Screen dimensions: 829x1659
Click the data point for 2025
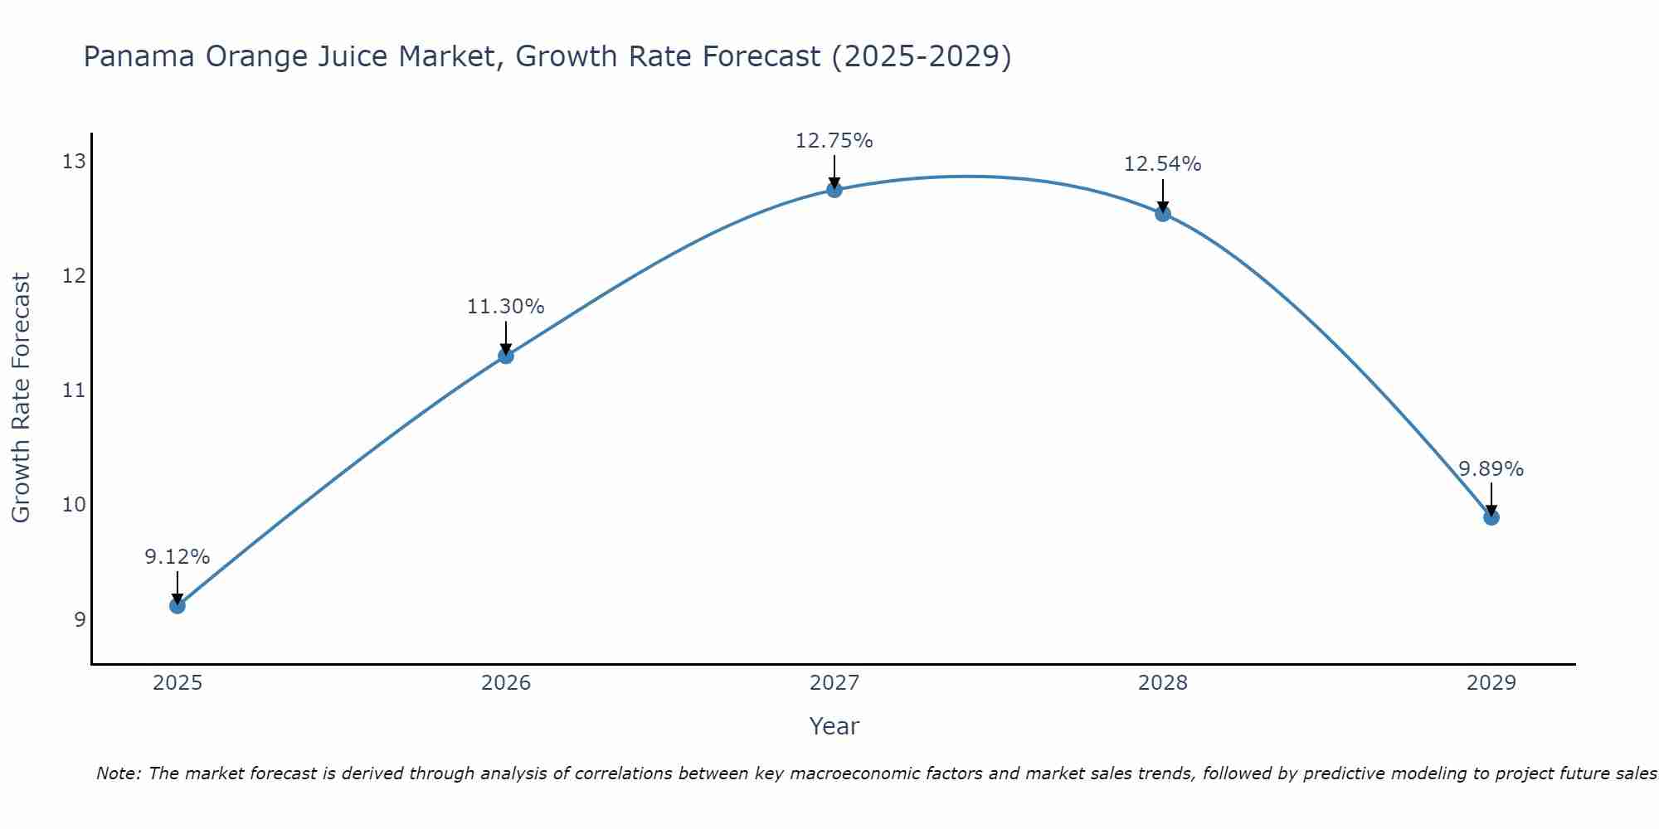[178, 605]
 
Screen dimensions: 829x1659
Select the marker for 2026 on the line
[506, 356]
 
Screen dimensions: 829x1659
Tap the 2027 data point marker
[834, 190]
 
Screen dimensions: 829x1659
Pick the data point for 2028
[1163, 214]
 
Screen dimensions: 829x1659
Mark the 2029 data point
[1491, 517]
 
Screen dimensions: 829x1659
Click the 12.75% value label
[834, 141]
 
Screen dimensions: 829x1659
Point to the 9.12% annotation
[178, 557]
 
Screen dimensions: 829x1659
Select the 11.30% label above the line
[505, 307]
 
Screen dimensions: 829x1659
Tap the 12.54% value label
[1162, 164]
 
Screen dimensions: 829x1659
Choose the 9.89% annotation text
[1491, 469]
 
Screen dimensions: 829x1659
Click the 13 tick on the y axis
[74, 161]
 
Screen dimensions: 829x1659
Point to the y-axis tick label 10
[74, 505]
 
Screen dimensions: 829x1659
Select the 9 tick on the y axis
[80, 619]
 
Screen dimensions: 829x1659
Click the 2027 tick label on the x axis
[834, 683]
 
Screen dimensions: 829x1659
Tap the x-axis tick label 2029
[1491, 683]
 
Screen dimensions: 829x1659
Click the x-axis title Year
[834, 726]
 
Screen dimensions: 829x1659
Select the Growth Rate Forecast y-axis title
[22, 397]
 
